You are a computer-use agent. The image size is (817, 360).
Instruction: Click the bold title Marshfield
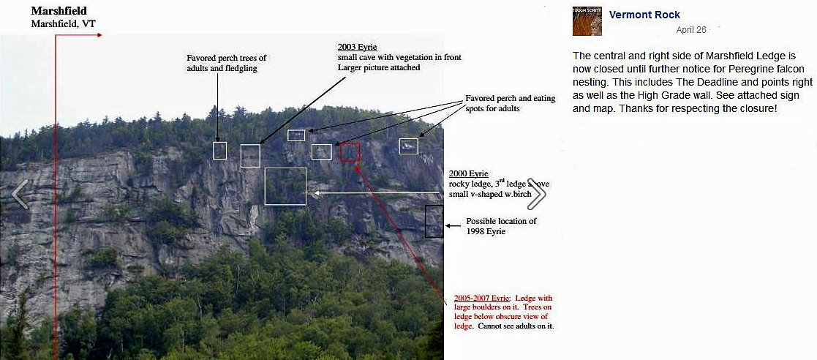coord(59,11)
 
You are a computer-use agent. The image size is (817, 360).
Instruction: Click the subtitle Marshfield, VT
coord(63,23)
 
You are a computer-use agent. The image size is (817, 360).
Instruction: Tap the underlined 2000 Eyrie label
coord(469,173)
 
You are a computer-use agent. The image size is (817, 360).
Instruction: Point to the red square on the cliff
coord(350,151)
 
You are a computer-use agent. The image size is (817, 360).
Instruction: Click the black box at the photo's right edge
coord(434,221)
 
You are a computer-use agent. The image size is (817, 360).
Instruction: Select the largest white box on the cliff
coord(285,186)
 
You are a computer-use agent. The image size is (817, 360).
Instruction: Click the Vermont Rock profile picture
coord(587,21)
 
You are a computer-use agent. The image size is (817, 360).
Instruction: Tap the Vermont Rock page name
coord(644,15)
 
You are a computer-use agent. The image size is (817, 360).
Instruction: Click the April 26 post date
coord(691,30)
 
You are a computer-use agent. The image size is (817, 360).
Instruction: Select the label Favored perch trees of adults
coord(227,63)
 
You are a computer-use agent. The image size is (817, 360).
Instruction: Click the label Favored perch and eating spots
coord(510,103)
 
